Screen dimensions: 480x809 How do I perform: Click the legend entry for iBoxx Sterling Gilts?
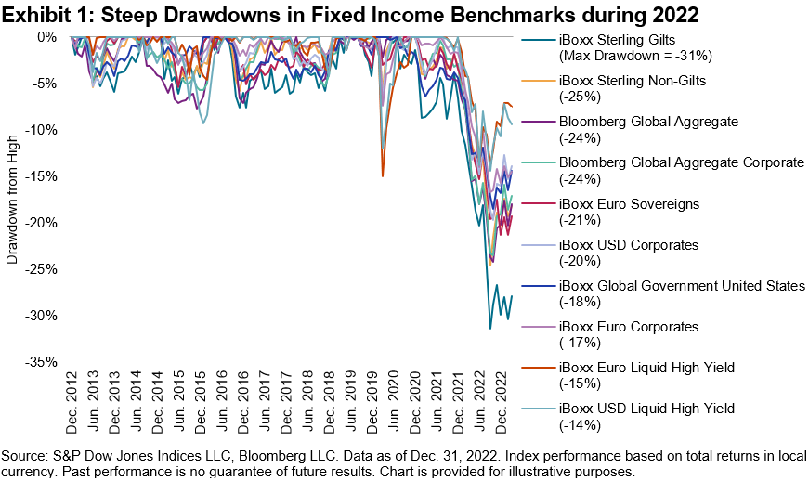[x=618, y=39]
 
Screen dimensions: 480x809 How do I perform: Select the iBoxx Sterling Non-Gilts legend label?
[x=632, y=80]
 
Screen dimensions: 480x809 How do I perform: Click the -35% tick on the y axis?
[x=43, y=362]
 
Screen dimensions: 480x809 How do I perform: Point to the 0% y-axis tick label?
[x=47, y=37]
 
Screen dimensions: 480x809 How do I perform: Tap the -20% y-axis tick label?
[x=43, y=223]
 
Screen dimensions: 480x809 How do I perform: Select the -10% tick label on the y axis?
[x=43, y=130]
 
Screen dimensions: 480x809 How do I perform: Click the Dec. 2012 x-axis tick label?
[x=72, y=401]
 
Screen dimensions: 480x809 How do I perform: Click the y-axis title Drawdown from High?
[x=12, y=200]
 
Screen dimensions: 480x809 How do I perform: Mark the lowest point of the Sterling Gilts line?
[x=490, y=328]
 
